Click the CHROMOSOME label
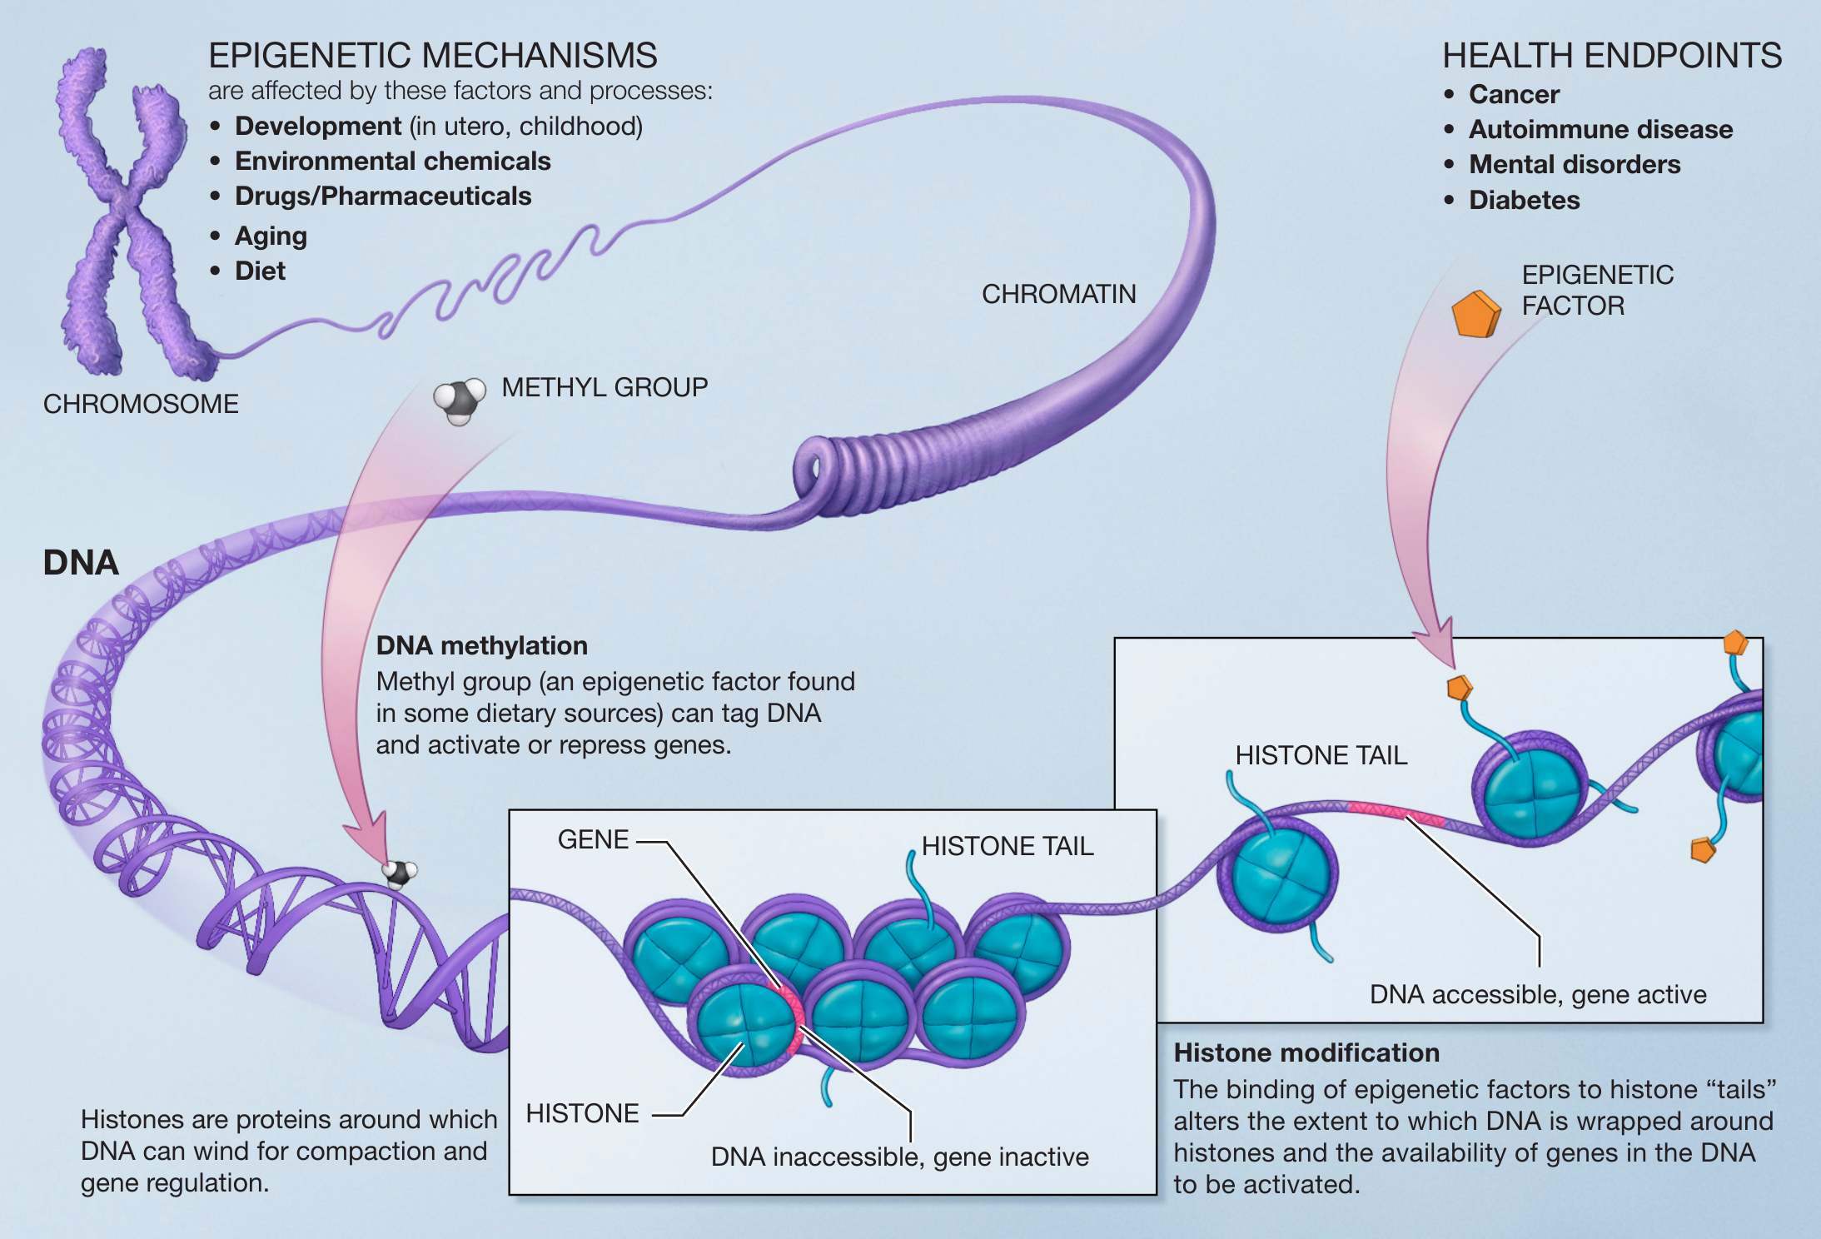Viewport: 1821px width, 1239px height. tap(141, 404)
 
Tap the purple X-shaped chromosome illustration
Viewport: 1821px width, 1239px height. tap(125, 208)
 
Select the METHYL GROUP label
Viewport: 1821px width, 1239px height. tap(605, 387)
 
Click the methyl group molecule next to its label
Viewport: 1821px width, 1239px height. tap(460, 400)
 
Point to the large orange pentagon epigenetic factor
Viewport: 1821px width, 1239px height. tap(1475, 314)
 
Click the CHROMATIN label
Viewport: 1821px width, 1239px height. tap(1058, 294)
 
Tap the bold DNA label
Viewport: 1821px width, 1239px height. tap(81, 563)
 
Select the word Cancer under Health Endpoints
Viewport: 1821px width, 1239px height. tap(1514, 94)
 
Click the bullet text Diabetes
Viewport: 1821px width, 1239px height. tap(1524, 200)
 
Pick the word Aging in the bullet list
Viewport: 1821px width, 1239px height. tap(271, 236)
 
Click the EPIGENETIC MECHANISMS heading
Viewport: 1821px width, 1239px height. tap(432, 56)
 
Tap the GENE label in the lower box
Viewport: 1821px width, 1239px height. tap(593, 839)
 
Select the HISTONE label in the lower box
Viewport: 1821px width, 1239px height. tap(582, 1113)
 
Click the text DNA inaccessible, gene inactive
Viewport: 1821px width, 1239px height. tap(899, 1157)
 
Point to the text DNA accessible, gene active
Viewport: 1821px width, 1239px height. tap(1538, 994)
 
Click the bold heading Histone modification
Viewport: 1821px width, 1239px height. tap(1306, 1052)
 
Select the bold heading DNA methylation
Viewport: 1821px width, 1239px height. tap(481, 645)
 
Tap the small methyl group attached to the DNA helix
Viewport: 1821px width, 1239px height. tap(399, 873)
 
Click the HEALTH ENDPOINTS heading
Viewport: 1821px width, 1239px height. tap(1612, 56)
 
